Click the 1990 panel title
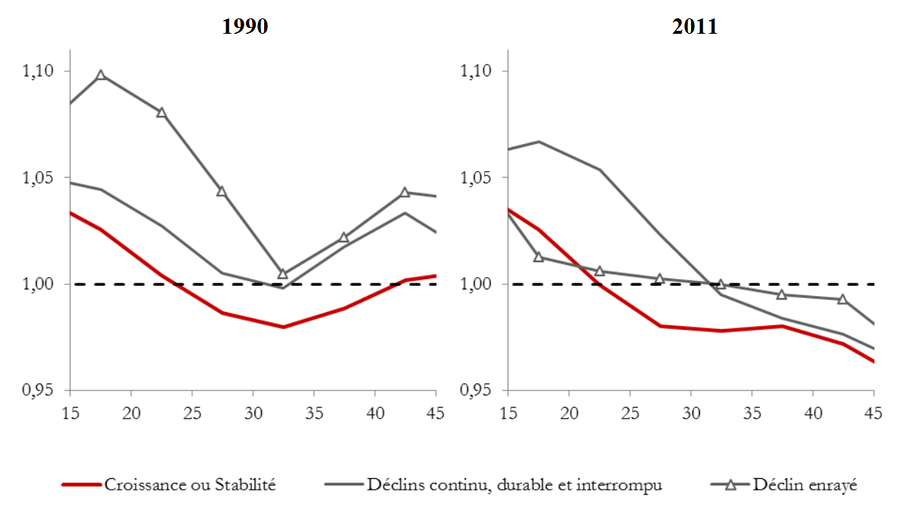tap(246, 27)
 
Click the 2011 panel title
tap(694, 27)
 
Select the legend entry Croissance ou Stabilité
tap(190, 485)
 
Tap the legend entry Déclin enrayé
tap(805, 485)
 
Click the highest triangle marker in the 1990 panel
tap(100, 75)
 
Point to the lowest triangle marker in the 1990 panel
tap(283, 273)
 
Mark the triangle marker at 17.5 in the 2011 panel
tap(538, 257)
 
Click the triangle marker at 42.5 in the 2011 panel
tap(842, 299)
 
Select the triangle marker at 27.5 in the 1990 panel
tap(222, 192)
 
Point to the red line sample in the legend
tap(81, 485)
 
